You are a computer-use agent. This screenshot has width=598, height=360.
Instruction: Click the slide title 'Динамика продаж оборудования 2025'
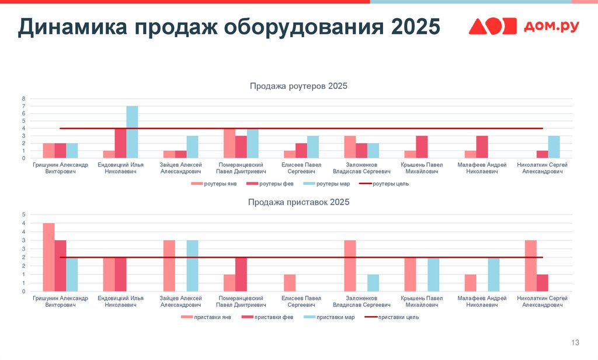228,27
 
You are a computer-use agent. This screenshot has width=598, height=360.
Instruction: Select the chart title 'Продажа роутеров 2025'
298,86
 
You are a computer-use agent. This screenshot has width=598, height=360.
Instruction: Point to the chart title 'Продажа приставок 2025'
298,202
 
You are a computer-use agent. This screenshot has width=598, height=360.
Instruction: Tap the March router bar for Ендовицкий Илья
132,132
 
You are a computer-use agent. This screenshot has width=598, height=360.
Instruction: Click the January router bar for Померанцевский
229,143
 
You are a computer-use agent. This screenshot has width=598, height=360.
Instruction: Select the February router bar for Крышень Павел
422,147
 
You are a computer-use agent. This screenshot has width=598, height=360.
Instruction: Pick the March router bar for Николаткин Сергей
554,147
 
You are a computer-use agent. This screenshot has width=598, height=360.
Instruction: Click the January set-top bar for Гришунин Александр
48,257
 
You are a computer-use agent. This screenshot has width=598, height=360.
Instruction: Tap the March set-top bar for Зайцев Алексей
192,266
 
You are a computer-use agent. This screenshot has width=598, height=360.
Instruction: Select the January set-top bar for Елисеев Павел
290,283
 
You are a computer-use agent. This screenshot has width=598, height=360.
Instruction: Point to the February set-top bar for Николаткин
542,283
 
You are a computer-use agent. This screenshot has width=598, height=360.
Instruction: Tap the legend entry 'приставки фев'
267,317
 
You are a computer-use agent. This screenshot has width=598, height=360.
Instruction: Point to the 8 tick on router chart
24,98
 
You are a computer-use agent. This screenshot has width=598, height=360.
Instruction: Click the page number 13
575,342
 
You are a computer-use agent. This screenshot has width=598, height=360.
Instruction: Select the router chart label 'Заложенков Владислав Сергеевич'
361,168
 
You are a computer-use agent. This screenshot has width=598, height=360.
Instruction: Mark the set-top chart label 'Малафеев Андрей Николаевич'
482,302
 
